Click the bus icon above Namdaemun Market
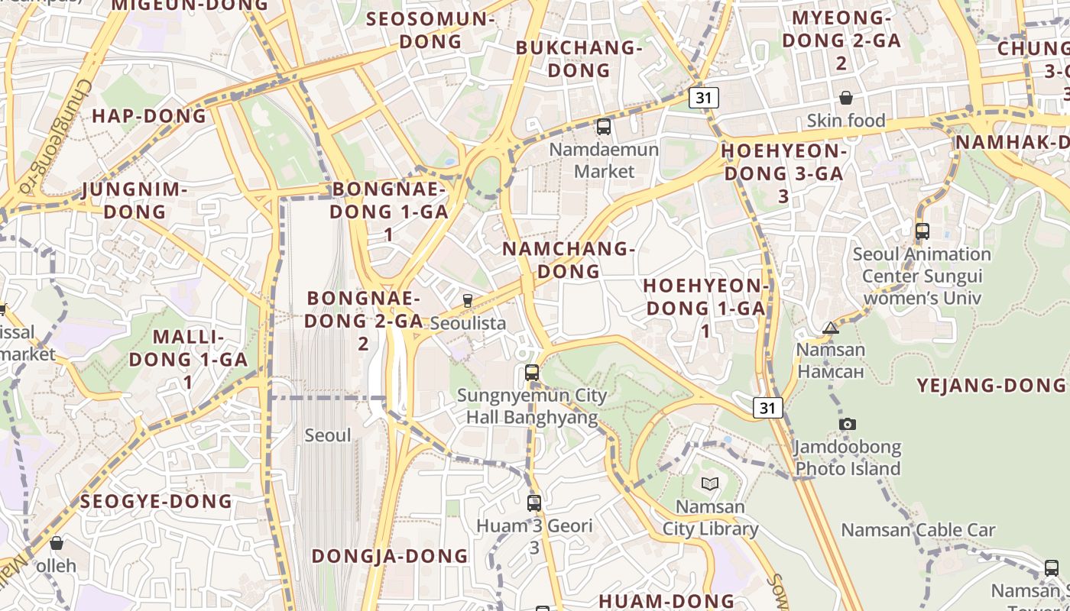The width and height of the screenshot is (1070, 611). (604, 127)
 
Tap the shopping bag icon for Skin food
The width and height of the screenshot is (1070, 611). (846, 98)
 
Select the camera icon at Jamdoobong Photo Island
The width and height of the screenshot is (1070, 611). (847, 424)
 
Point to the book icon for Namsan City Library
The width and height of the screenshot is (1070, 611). (710, 483)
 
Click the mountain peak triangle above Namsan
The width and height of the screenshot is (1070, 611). (831, 328)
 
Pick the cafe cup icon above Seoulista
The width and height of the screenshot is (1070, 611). (468, 300)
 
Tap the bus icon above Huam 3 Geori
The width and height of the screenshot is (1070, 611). (534, 503)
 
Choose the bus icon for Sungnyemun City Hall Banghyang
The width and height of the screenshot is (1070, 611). (532, 373)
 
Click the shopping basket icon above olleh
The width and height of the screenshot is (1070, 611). (56, 543)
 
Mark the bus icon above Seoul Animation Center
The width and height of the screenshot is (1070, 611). (922, 231)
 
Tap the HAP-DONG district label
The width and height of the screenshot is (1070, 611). (149, 116)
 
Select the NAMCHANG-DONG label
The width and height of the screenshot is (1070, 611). (569, 260)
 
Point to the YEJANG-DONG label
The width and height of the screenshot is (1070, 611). (991, 385)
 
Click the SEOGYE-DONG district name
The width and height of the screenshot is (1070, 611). (156, 502)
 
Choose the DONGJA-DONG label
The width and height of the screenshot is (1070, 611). (390, 556)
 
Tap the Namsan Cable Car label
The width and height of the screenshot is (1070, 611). (918, 530)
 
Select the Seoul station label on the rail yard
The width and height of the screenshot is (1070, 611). (328, 435)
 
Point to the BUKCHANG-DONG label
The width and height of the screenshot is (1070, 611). (579, 59)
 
